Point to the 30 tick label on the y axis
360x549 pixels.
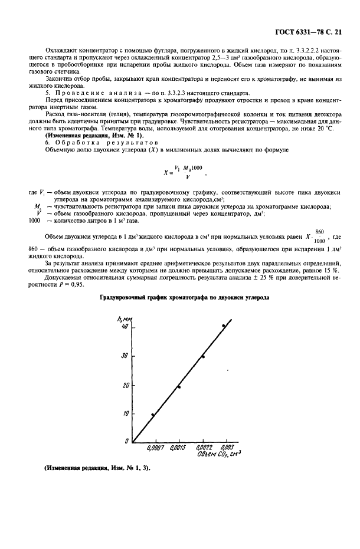[x=125, y=356]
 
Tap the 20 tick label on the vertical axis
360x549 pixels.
[x=125, y=385]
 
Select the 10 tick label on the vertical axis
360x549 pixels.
[x=125, y=413]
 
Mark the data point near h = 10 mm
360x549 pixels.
[x=153, y=415]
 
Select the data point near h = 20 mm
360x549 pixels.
[x=179, y=387]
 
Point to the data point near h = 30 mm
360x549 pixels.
[x=203, y=357]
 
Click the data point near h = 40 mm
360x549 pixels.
[x=223, y=326]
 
